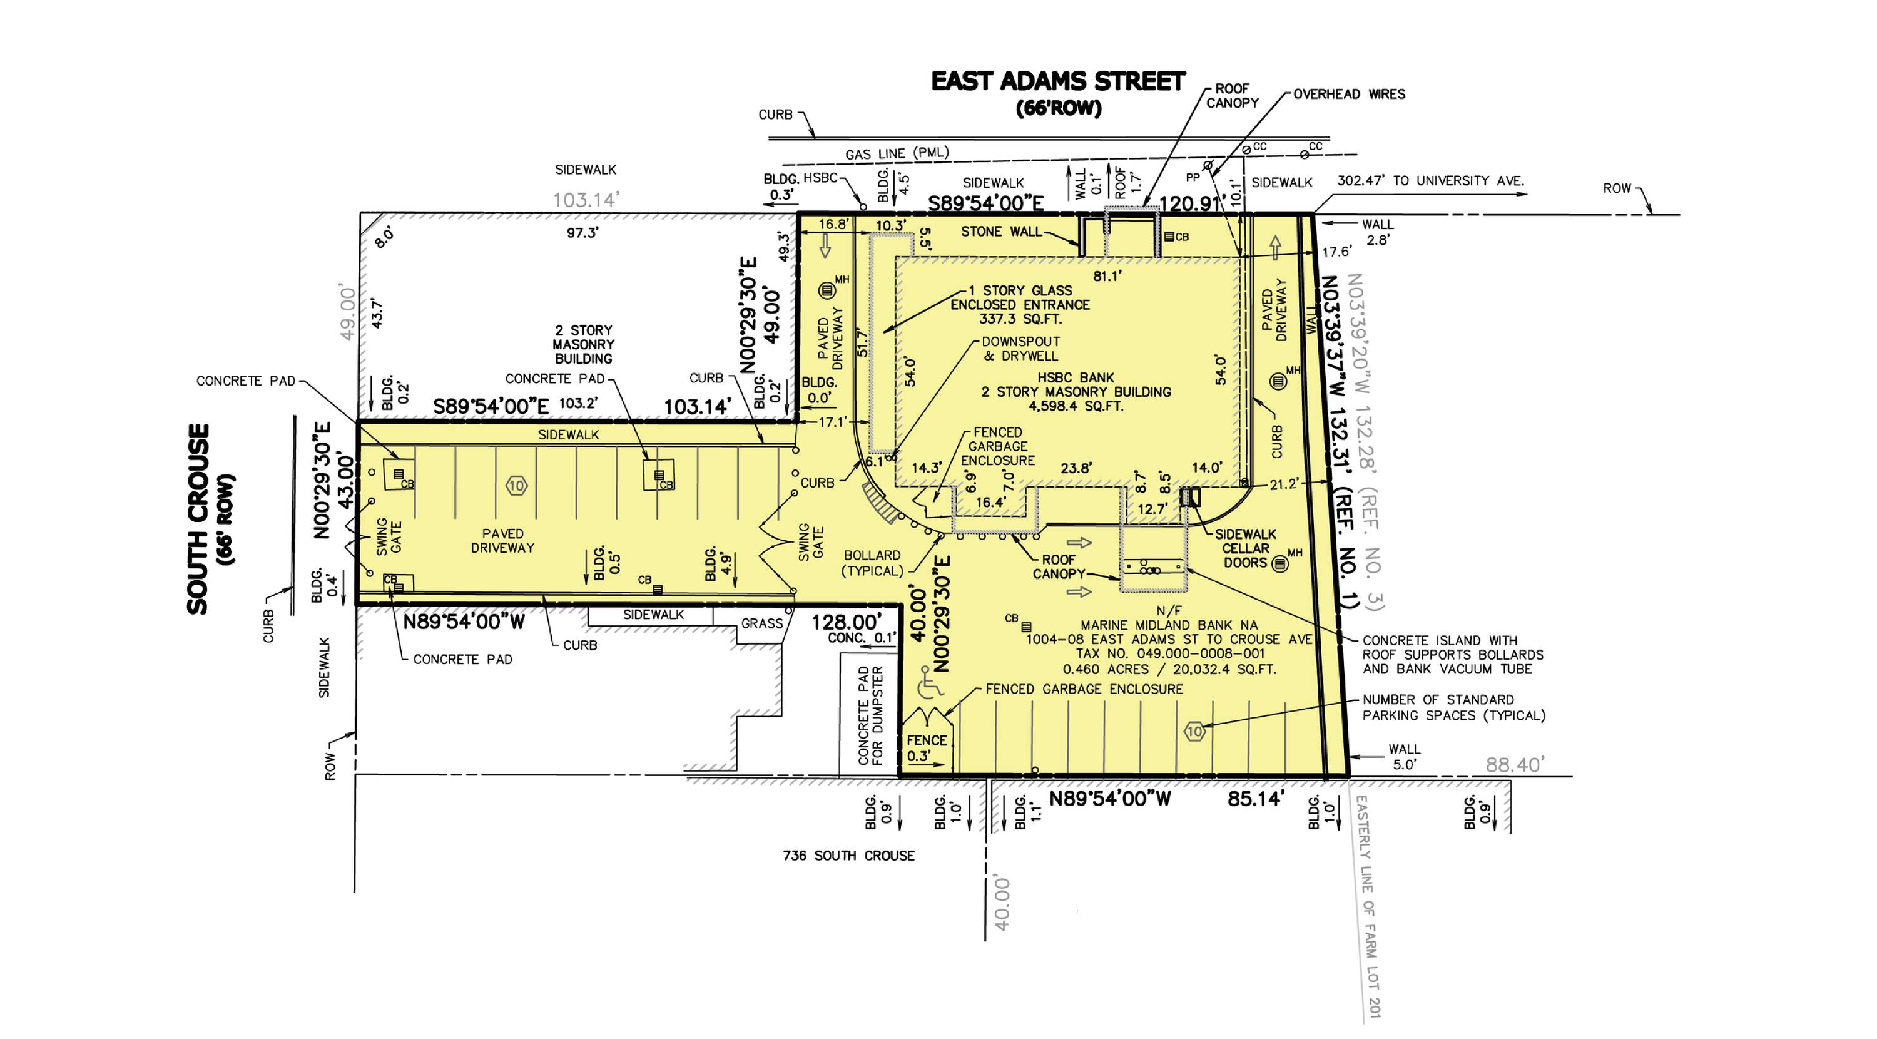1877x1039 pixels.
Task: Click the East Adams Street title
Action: coord(1058,81)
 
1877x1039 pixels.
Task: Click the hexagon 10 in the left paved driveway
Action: coord(517,486)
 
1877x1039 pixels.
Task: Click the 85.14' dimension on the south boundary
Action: coord(1254,799)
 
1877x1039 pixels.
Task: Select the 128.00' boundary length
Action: coord(846,622)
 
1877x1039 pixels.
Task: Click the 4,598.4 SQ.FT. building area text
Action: coord(1076,406)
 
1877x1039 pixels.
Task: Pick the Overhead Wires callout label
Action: coord(1349,94)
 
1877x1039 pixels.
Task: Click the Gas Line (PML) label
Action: coord(897,153)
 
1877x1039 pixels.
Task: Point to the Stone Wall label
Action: coord(1001,232)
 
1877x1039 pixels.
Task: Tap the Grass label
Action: coord(762,623)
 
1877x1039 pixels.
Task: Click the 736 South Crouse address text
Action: coord(849,856)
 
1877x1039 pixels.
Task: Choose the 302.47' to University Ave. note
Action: coord(1430,181)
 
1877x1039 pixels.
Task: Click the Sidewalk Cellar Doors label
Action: coord(1245,548)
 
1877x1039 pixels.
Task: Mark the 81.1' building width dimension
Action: coord(1107,277)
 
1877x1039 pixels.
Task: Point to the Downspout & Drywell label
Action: coord(1021,349)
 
